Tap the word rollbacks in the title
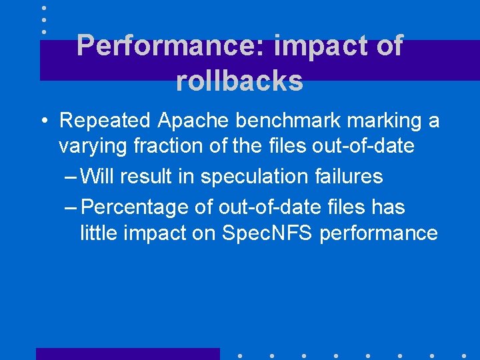pos(239,81)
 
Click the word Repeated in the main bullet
pos(105,121)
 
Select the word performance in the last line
pos(379,233)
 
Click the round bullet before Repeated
pos(44,121)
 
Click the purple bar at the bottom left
pos(127,354)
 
